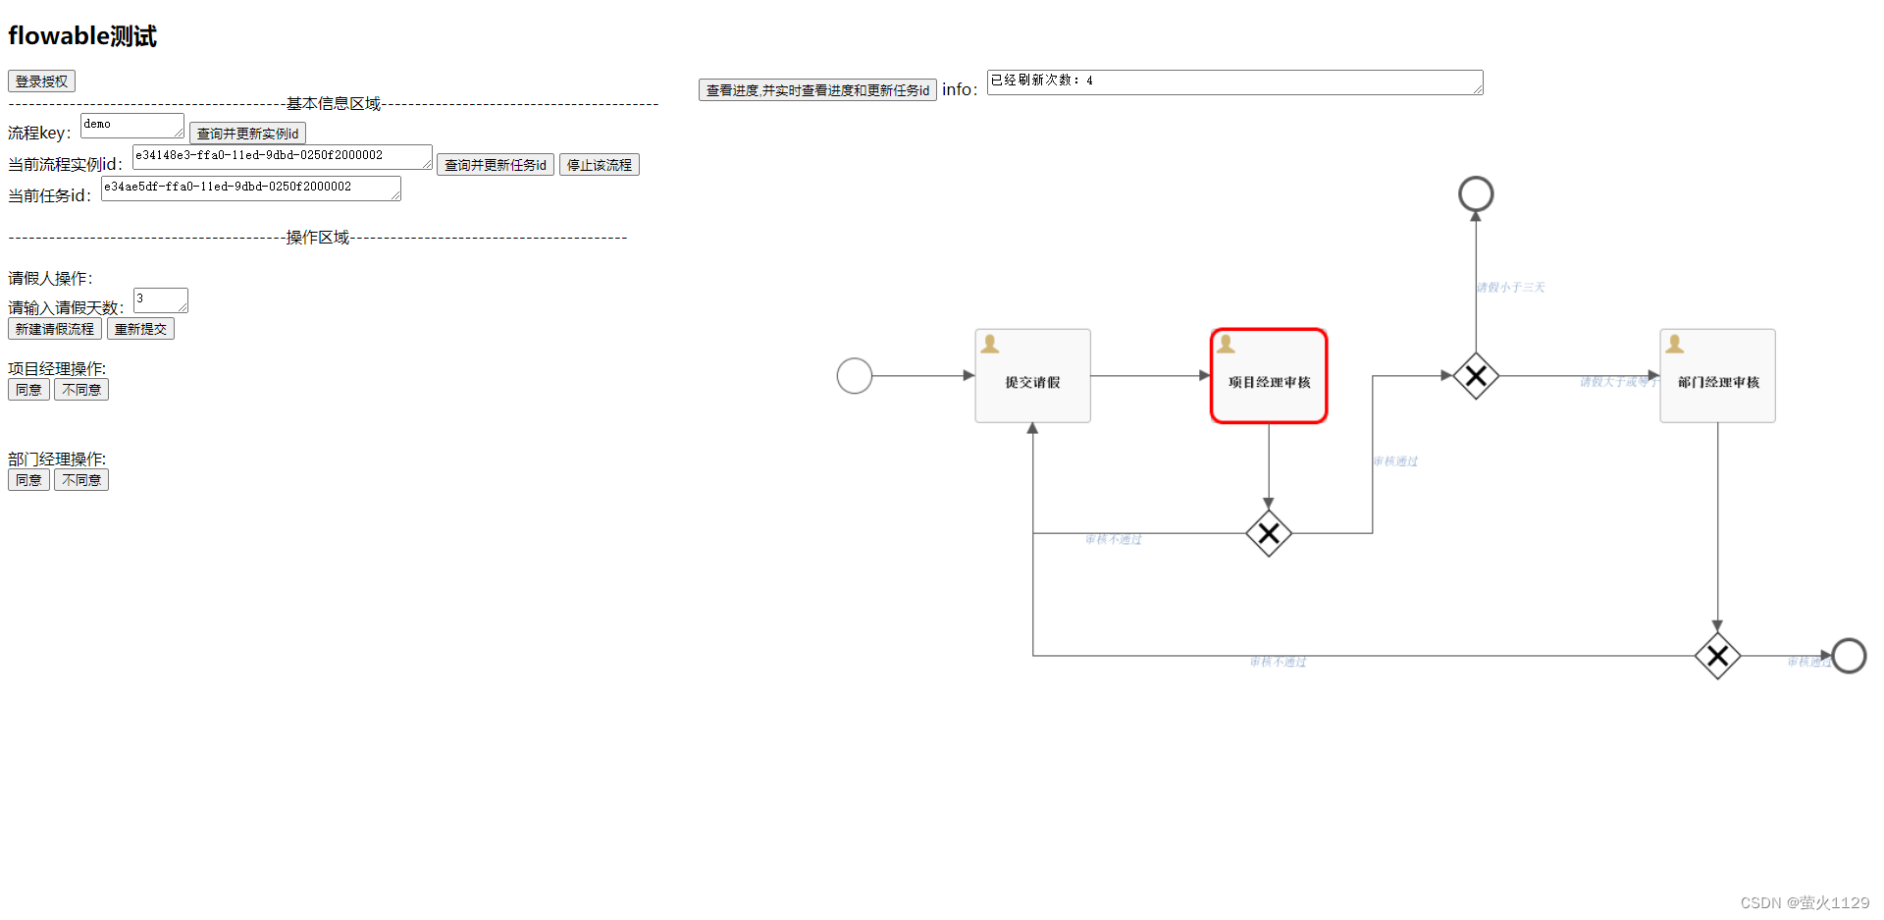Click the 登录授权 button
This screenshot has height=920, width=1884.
click(41, 81)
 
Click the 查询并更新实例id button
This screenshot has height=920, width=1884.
click(247, 134)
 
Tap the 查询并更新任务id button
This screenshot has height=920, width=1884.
click(495, 165)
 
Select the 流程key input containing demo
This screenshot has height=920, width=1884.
click(131, 125)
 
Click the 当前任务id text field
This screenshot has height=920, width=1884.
click(250, 188)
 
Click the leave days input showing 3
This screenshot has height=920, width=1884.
click(160, 299)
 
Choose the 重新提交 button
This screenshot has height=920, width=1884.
click(140, 329)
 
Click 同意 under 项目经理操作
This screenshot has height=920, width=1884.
click(28, 390)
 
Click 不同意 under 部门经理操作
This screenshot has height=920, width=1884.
click(81, 480)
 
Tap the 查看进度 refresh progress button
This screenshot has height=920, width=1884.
click(816, 90)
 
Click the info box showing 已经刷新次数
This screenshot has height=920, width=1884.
click(1233, 81)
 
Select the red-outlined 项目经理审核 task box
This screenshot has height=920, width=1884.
click(1269, 376)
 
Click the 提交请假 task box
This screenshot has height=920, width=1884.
click(1032, 376)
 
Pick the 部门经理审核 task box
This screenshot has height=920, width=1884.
click(1717, 376)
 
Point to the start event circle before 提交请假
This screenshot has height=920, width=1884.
click(855, 376)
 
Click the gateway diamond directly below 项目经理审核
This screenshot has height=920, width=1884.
click(1269, 533)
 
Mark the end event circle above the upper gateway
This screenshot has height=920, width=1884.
click(1476, 194)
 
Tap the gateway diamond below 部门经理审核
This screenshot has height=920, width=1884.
click(1717, 656)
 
